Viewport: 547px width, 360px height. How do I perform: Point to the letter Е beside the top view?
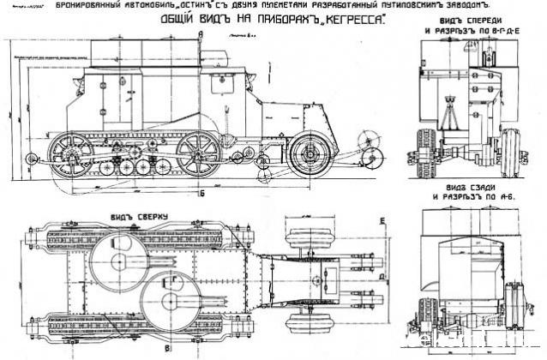pos(403,221)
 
